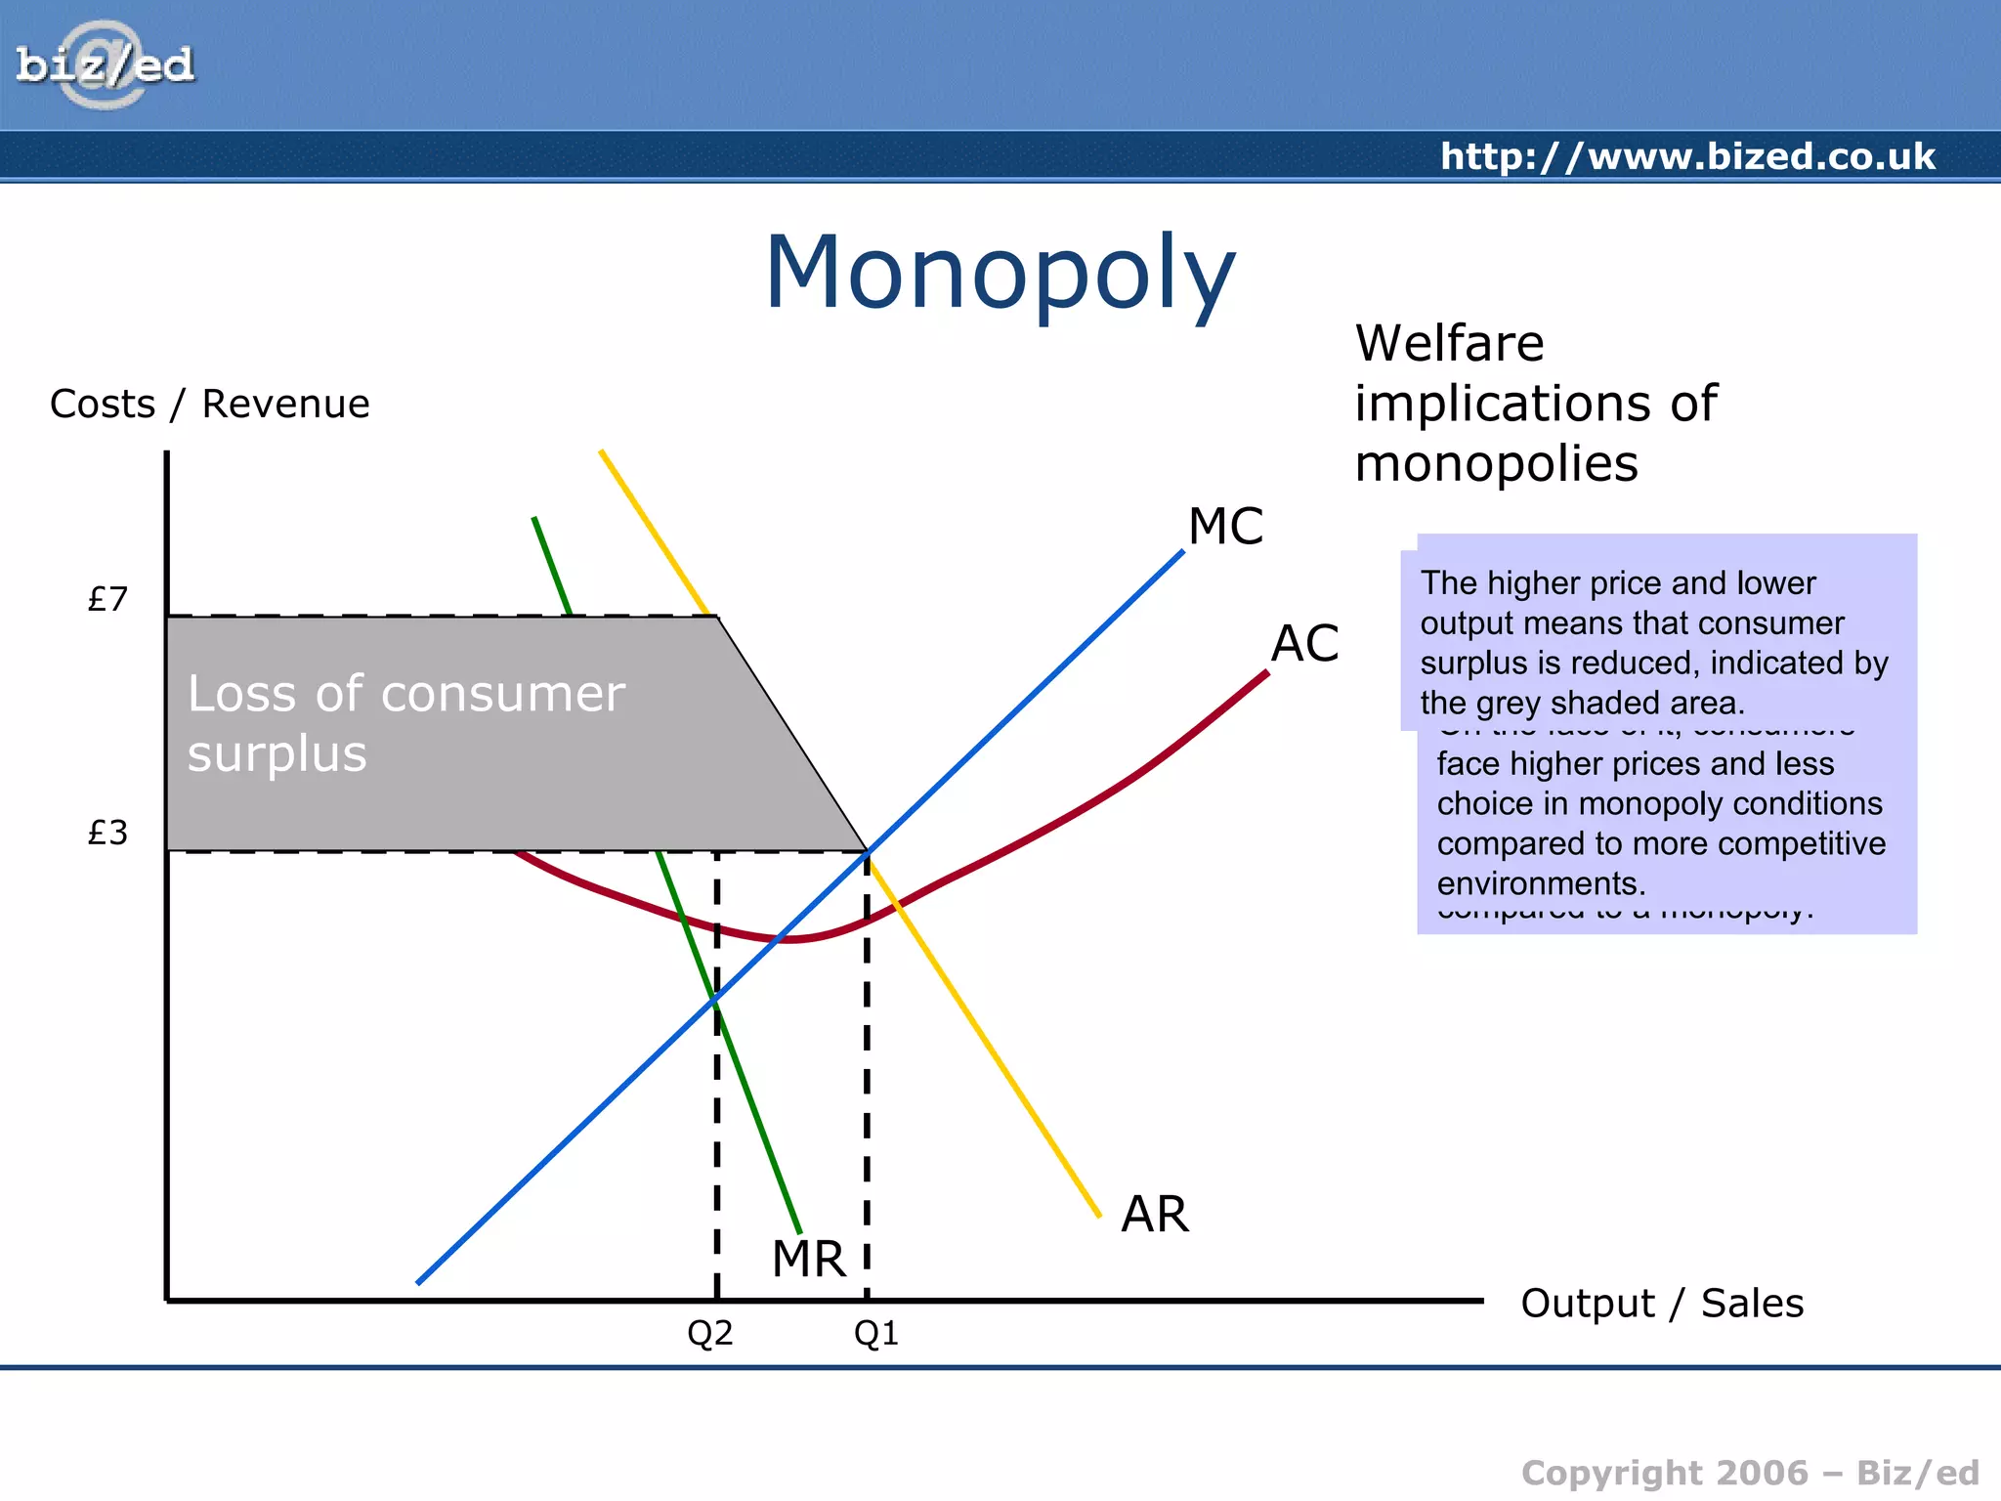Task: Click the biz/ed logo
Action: (x=105, y=65)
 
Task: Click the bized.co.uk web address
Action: (x=1687, y=156)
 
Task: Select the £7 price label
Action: (x=107, y=599)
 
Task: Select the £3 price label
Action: (x=107, y=833)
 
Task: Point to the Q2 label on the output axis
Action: (x=709, y=1333)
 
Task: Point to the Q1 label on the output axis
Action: (x=875, y=1333)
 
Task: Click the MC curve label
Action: (x=1225, y=527)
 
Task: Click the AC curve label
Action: (x=1304, y=644)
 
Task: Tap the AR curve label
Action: (x=1155, y=1215)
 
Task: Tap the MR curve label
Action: (x=808, y=1259)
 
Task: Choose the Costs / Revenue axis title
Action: (x=210, y=404)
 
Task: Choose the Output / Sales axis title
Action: (x=1662, y=1303)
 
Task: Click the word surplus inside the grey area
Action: (x=277, y=754)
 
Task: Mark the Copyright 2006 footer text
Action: (x=1750, y=1473)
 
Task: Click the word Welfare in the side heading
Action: (x=1449, y=343)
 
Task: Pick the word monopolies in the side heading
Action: (x=1496, y=463)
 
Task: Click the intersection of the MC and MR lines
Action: (x=716, y=999)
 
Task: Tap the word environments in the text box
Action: (x=1541, y=883)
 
